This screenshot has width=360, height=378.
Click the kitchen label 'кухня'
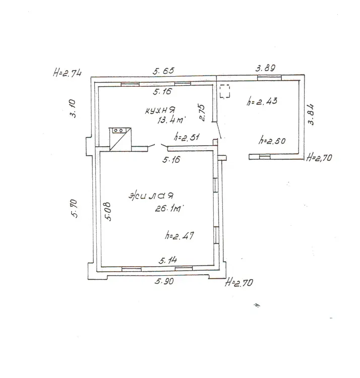[160, 110]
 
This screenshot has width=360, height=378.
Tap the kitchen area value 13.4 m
[171, 119]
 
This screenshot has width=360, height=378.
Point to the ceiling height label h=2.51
[187, 137]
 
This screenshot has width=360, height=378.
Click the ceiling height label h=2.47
[179, 235]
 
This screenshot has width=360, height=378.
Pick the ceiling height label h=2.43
[262, 101]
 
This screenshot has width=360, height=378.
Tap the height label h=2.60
[272, 140]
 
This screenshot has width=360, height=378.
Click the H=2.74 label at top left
[67, 73]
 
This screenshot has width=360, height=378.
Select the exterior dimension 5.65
[163, 71]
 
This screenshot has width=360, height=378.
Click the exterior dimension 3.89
[265, 68]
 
